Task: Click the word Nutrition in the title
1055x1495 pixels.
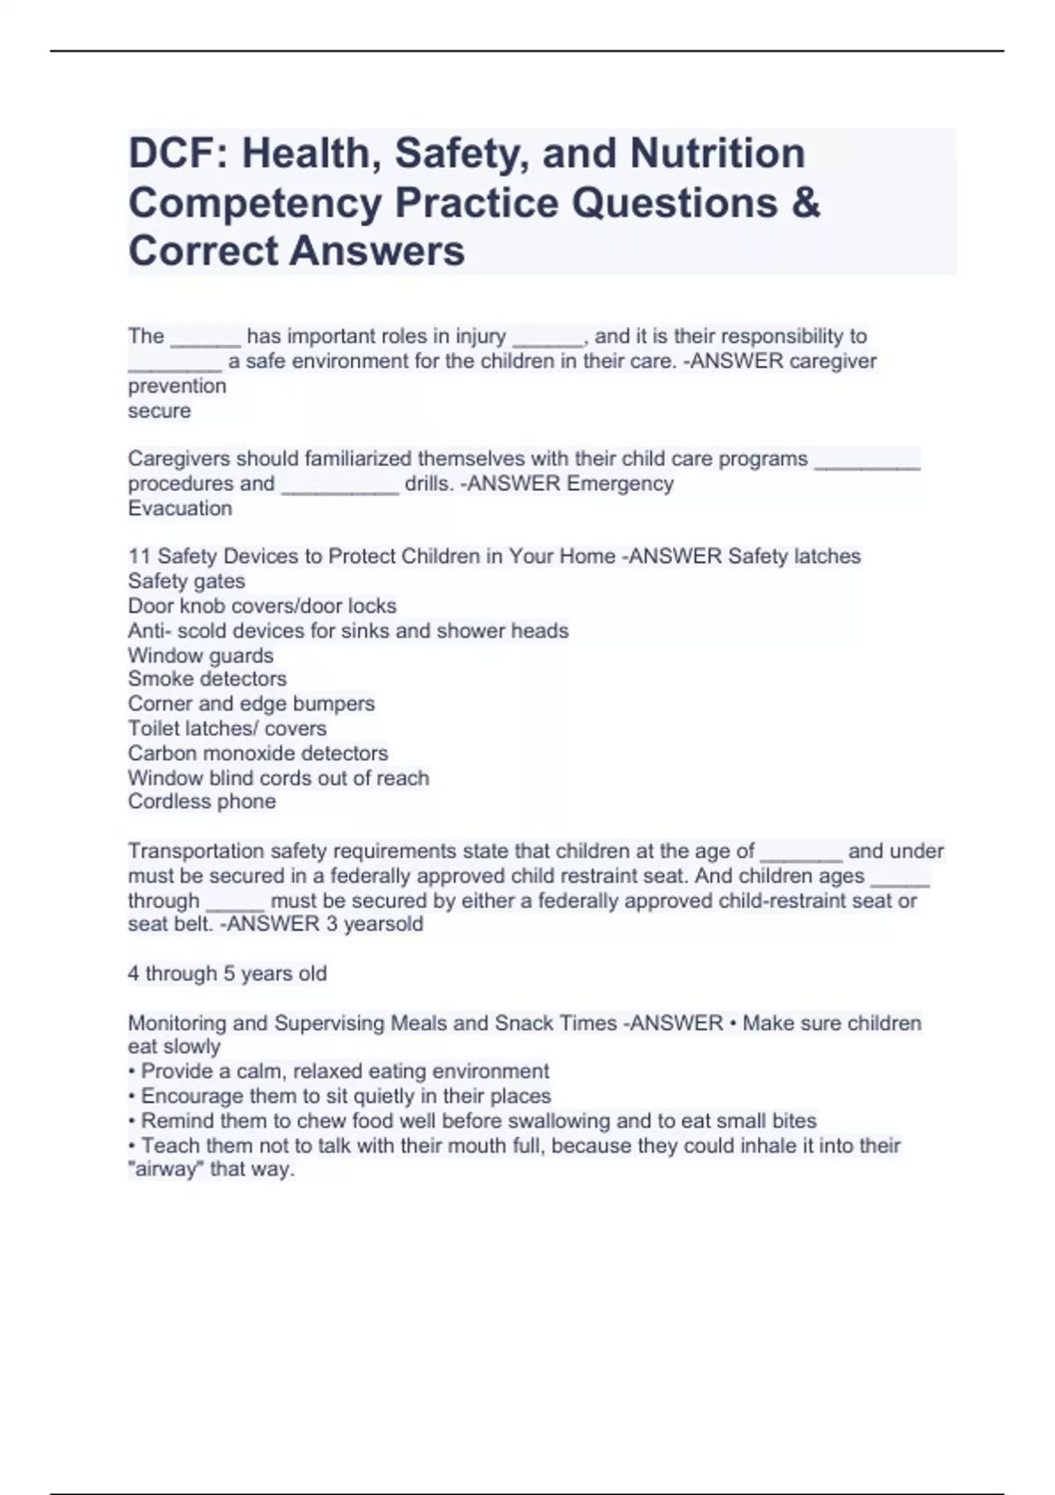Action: [717, 153]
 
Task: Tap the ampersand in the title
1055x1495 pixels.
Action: [806, 202]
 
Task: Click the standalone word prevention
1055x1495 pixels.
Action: [177, 386]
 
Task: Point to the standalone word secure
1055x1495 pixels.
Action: [159, 411]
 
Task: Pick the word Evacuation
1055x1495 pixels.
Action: [180, 508]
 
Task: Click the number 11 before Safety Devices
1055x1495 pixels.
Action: [139, 557]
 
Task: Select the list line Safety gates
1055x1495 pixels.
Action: [186, 581]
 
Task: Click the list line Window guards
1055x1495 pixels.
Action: [200, 655]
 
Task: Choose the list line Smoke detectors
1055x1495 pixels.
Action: [207, 679]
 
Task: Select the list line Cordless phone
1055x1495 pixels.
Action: [201, 802]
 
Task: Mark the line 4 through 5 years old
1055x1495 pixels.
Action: [227, 974]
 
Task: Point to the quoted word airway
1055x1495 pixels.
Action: [166, 1170]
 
